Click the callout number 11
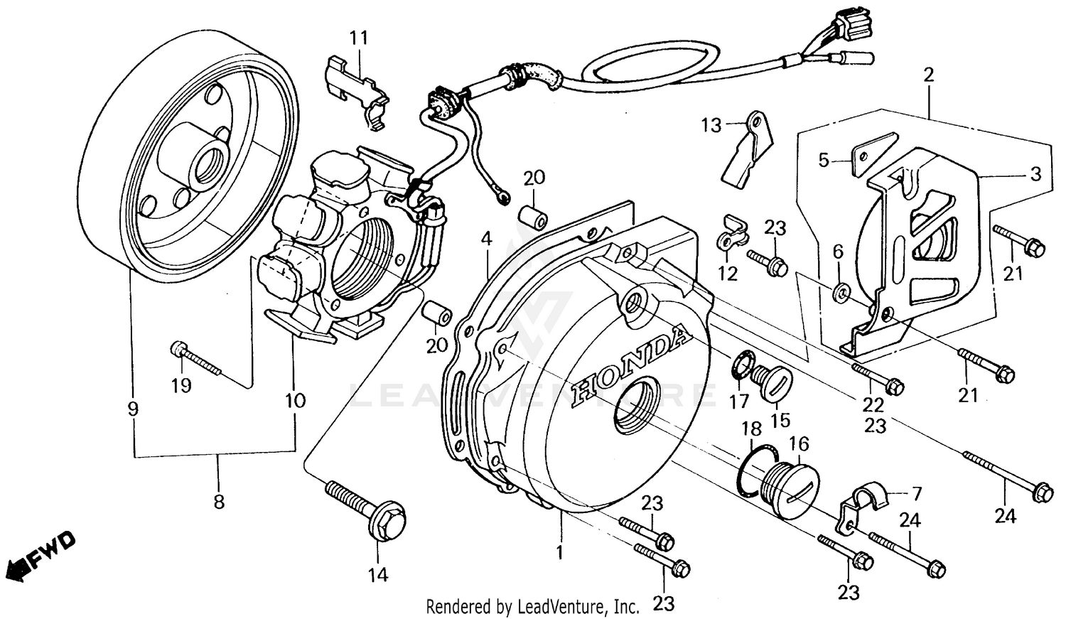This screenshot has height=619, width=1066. pyautogui.click(x=359, y=38)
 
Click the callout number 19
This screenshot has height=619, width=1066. pyautogui.click(x=181, y=386)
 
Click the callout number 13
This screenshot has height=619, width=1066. pyautogui.click(x=711, y=126)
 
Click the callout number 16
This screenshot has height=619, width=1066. pyautogui.click(x=799, y=444)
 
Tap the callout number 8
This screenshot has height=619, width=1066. pyautogui.click(x=219, y=502)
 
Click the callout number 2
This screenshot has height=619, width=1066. pyautogui.click(x=929, y=75)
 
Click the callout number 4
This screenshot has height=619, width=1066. pyautogui.click(x=486, y=239)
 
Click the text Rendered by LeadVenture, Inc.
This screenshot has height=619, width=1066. pyautogui.click(x=532, y=607)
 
